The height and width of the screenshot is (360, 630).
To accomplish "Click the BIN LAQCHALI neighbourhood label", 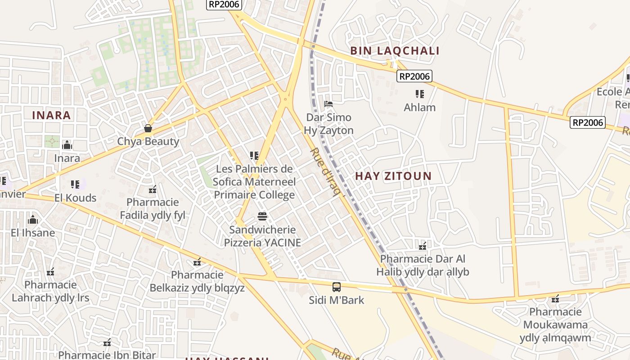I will [x=395, y=51].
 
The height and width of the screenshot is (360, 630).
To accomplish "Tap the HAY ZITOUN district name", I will [x=393, y=176].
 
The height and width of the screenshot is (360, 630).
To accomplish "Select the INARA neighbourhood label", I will [x=51, y=115].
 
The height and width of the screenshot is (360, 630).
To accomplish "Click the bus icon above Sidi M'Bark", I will [x=336, y=287].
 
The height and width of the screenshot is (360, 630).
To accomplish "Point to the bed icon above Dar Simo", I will [x=328, y=104].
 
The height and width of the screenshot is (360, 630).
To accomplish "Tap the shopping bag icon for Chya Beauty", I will [x=148, y=128].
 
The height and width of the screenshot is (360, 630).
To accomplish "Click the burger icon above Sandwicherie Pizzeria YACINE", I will [x=262, y=216].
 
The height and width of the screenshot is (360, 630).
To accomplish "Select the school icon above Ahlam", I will [x=419, y=94].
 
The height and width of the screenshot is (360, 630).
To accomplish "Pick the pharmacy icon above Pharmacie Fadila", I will [x=153, y=189].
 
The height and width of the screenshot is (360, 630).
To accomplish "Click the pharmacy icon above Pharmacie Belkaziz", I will [x=197, y=261].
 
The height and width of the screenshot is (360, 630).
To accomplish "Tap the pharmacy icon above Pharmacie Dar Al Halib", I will [x=423, y=246].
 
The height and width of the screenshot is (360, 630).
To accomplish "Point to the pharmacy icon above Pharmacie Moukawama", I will [x=555, y=298].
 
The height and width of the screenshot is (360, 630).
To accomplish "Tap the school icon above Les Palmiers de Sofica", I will [x=254, y=156].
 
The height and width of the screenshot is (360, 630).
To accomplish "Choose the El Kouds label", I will [x=75, y=198].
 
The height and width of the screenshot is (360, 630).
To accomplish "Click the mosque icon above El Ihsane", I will [x=32, y=220].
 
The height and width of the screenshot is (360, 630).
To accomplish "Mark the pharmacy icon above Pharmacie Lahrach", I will [x=50, y=272].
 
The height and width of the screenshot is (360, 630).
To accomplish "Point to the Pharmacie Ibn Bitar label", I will [x=107, y=355].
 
